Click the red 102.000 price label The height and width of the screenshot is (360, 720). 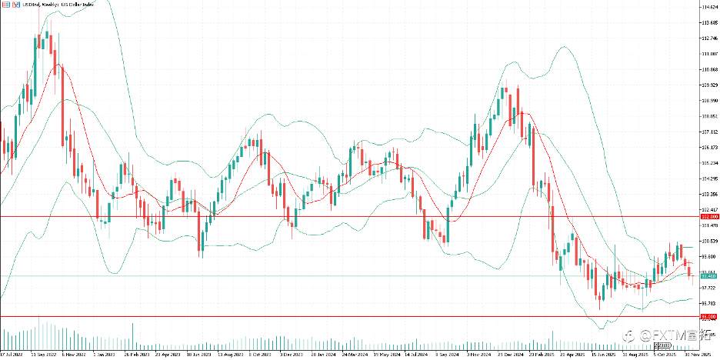pos(708,217)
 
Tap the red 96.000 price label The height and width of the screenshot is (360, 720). pos(708,316)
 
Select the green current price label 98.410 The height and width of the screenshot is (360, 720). pos(708,275)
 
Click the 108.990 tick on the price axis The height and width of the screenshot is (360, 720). pos(709,100)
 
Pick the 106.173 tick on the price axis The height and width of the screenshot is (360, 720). pos(709,147)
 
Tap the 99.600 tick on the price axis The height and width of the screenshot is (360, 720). pos(709,256)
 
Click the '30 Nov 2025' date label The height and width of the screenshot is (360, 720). pos(683,355)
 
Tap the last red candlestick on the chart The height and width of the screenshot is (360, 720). pos(690,270)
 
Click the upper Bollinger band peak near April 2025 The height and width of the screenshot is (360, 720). pos(564,47)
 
